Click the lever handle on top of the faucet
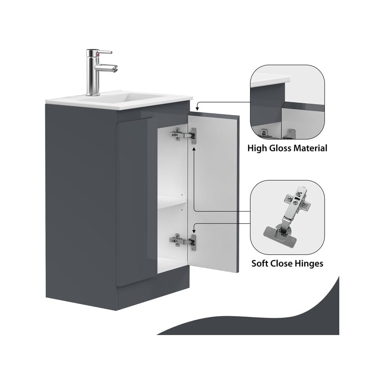(104, 52)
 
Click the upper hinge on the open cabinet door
(183, 135)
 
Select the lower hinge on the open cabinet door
(183, 242)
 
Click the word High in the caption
(257, 148)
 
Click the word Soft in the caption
(260, 263)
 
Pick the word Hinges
(309, 263)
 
